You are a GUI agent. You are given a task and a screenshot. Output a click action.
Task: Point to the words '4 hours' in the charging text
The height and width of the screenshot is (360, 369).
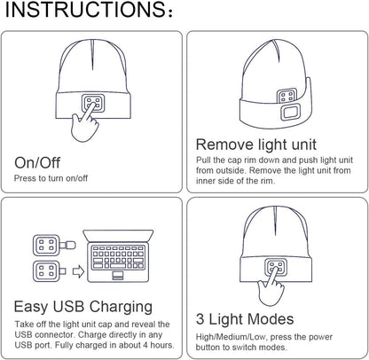tap(154, 346)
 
